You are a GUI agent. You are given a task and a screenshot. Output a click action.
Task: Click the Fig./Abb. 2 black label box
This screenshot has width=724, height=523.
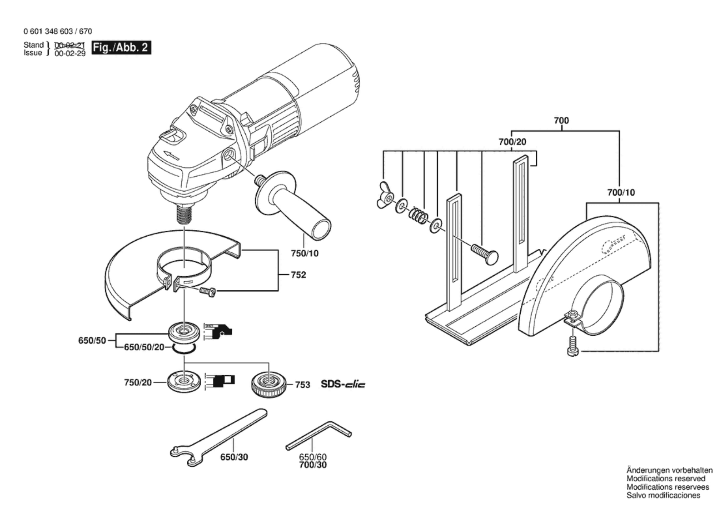tap(121, 48)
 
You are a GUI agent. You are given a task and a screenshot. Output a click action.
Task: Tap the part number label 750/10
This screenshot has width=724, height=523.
tap(305, 253)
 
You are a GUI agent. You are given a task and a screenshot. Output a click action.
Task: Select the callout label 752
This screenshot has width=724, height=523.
tap(298, 275)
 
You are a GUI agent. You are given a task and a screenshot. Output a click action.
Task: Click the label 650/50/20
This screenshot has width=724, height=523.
tap(144, 347)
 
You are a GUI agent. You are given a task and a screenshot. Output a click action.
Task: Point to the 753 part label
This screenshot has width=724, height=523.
tap(302, 384)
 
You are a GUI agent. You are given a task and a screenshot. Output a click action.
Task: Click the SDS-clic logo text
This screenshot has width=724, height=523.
tap(343, 384)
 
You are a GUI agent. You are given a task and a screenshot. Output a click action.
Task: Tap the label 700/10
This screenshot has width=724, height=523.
tap(621, 192)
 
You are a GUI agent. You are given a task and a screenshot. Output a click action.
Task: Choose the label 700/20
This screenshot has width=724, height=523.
tap(512, 142)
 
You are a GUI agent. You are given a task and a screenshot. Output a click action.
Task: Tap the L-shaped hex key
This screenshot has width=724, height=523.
tap(318, 435)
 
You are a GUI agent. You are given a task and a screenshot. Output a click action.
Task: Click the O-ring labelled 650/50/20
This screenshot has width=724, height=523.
tap(184, 349)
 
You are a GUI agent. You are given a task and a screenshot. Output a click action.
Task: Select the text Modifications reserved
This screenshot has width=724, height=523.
tap(665, 478)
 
